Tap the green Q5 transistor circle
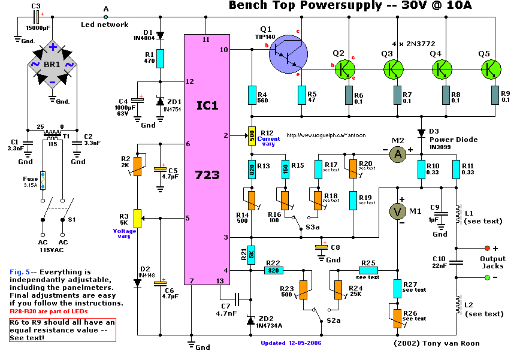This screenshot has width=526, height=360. tap(491, 69)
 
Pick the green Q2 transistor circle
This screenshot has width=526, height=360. tap(343, 69)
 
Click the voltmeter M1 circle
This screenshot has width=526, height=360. tap(397, 211)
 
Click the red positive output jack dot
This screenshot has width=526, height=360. tap(486, 248)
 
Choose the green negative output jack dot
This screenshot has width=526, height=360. tap(486, 277)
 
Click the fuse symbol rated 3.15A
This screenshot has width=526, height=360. tap(43, 180)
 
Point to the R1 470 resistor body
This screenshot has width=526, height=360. tap(159, 59)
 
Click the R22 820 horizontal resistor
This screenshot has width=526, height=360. tap(274, 271)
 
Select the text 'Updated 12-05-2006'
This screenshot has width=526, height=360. tap(290, 343)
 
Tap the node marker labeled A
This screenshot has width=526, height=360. tap(105, 17)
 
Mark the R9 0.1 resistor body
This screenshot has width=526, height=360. tap(495, 94)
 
